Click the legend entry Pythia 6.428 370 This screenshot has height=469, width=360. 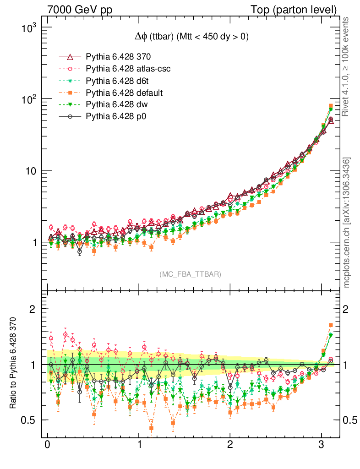[118, 57]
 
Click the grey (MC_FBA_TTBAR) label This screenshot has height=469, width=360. [190, 274]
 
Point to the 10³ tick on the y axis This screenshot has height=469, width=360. [28, 28]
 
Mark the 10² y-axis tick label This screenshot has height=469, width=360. [28, 99]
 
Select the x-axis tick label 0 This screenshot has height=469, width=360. [48, 446]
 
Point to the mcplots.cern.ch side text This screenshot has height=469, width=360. [347, 223]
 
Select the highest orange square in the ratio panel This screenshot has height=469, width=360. [331, 325]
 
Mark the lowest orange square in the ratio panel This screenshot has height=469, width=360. [151, 428]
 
